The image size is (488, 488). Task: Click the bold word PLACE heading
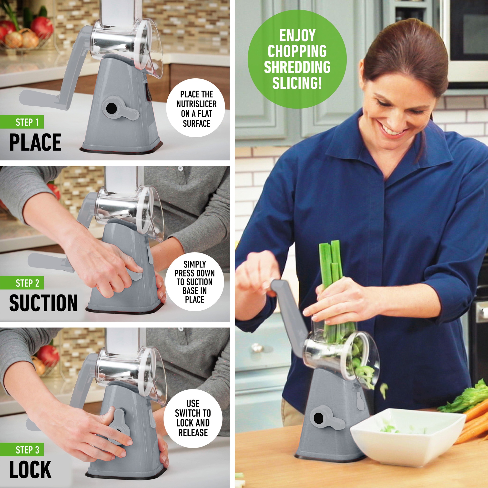35,142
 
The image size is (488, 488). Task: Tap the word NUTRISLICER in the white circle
196,104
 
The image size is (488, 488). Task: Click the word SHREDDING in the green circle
297,67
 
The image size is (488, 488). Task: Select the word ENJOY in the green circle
297,35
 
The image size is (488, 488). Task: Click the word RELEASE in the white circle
193,432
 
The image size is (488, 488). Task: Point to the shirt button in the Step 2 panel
180,168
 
